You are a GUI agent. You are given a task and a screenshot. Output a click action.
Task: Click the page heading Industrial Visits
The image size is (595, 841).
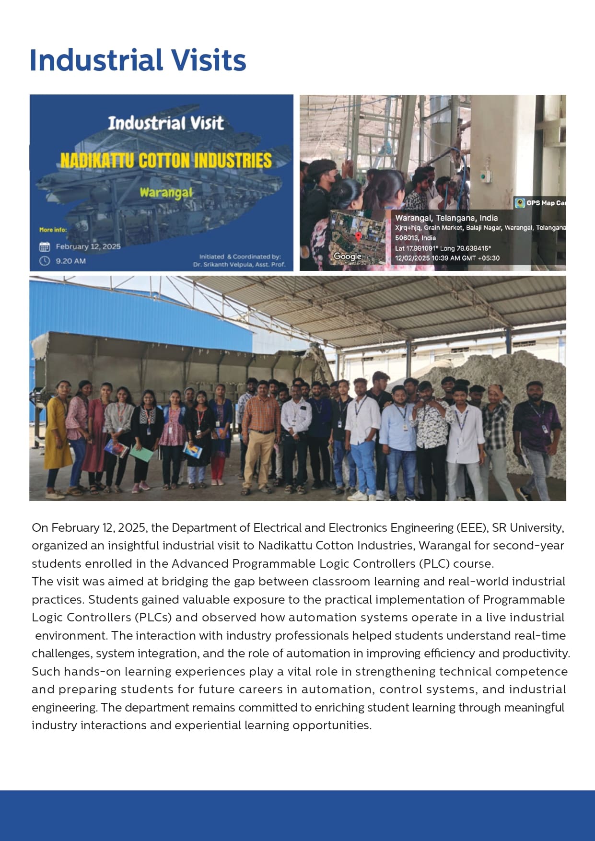click(138, 60)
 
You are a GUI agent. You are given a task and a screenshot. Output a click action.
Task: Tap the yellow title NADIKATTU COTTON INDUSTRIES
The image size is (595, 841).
click(166, 161)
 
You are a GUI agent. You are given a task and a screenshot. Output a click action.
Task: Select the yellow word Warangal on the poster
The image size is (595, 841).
click(166, 193)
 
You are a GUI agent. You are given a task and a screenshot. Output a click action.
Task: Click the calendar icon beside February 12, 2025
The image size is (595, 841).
click(45, 247)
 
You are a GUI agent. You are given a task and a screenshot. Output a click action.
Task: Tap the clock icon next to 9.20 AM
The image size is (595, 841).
click(45, 261)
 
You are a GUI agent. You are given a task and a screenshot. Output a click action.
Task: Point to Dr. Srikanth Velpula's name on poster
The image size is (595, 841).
click(239, 264)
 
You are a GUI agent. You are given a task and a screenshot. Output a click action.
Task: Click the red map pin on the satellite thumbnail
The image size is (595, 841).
click(358, 236)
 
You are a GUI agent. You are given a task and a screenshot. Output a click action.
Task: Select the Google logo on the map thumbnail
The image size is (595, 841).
click(348, 257)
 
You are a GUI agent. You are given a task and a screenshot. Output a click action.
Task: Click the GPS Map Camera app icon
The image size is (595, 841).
click(520, 203)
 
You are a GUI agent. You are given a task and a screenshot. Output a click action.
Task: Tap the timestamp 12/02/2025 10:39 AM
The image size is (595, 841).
click(447, 258)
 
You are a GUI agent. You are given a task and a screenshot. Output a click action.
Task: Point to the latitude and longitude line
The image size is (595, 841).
click(443, 248)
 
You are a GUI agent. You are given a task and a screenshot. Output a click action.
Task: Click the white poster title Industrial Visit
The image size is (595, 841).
click(165, 124)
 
